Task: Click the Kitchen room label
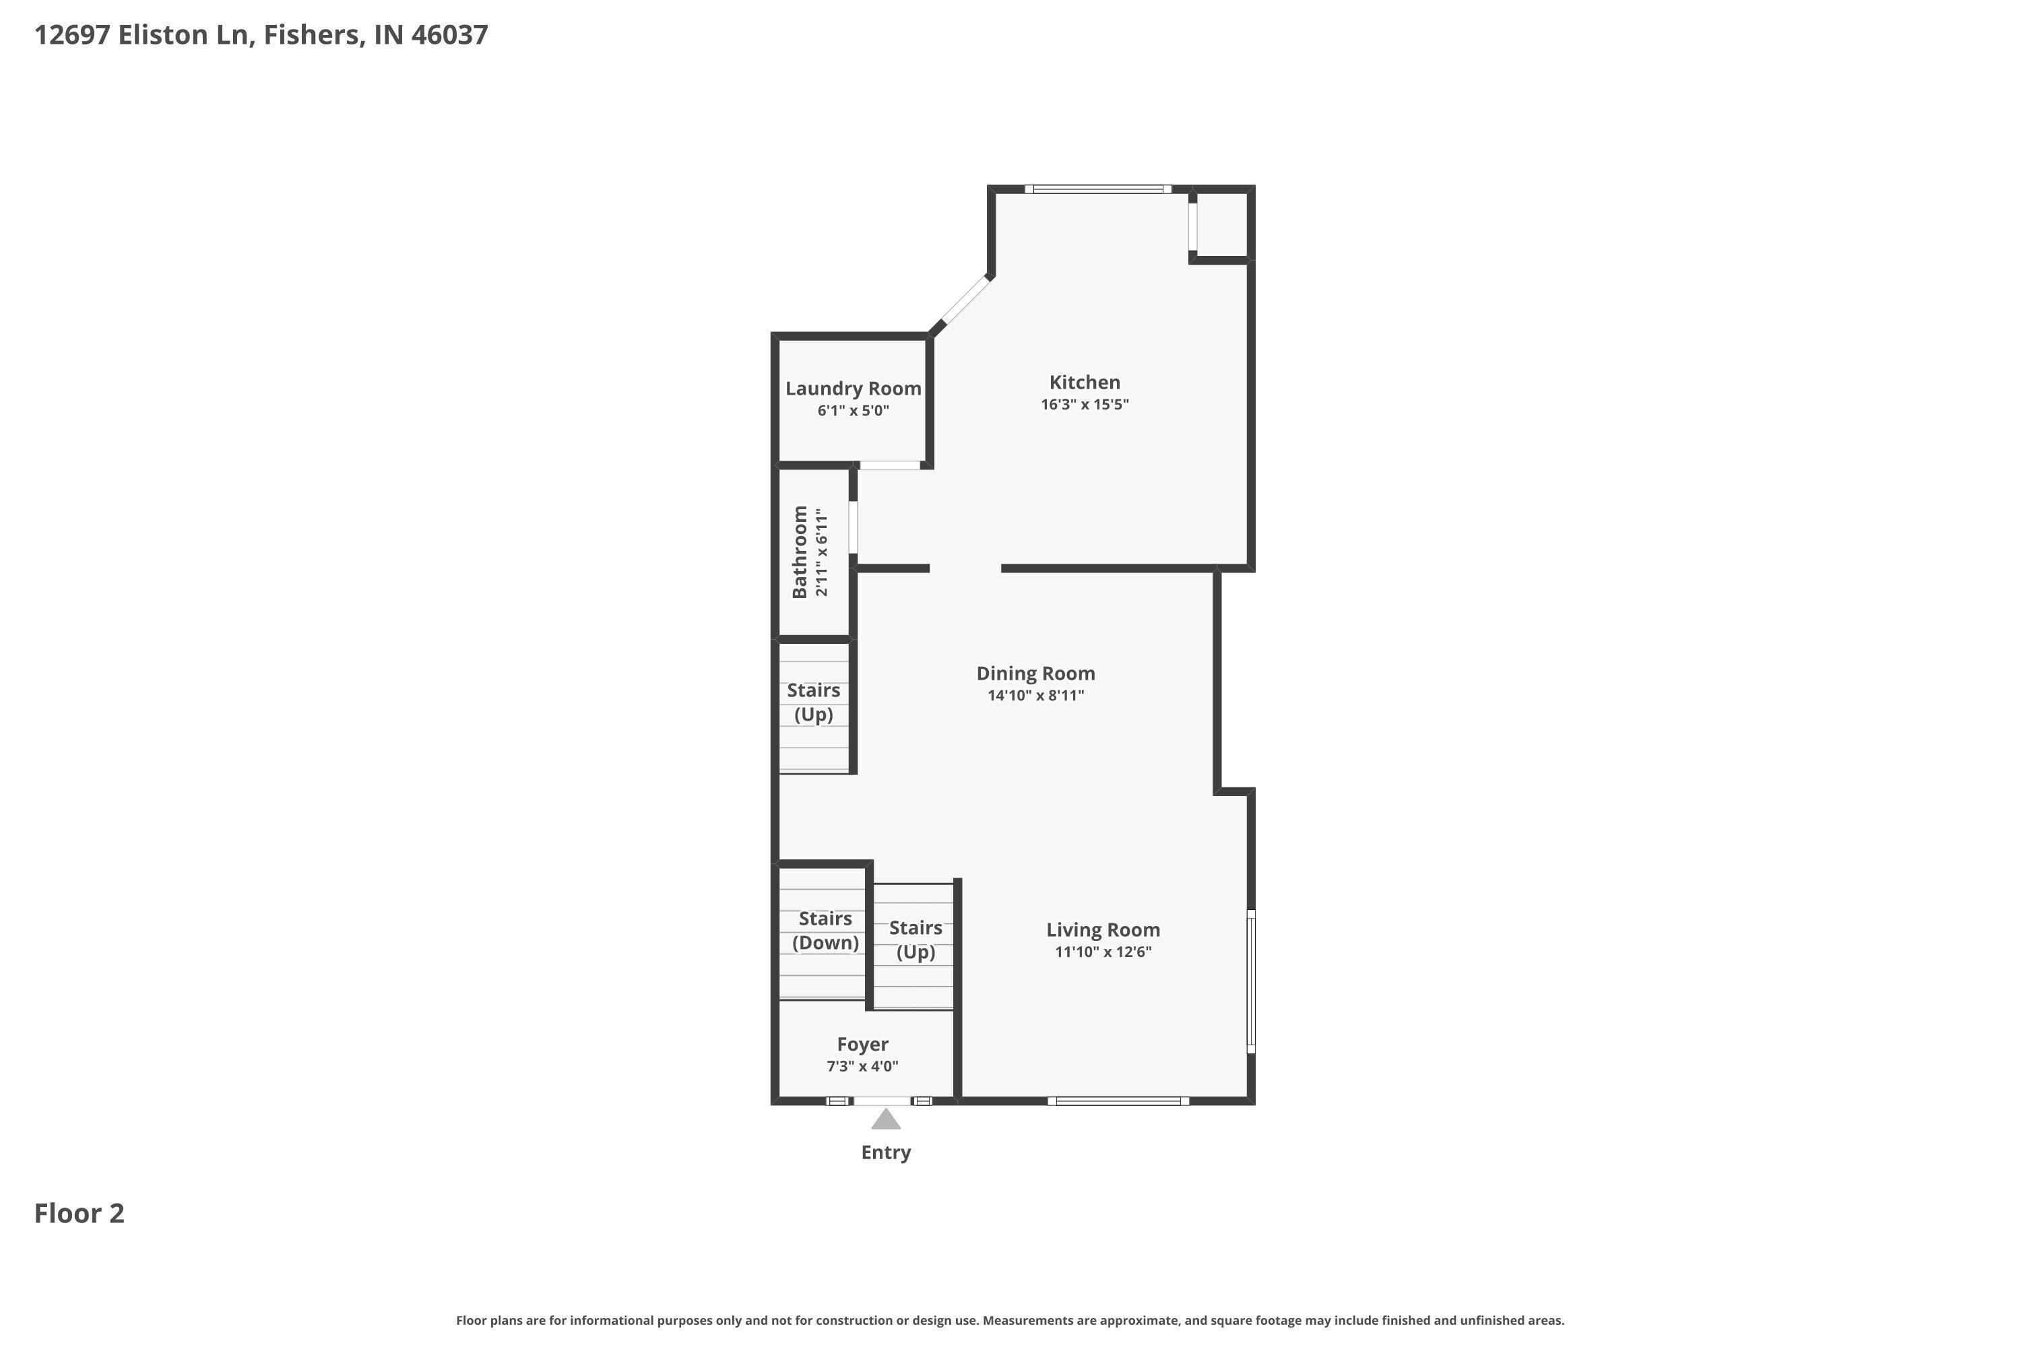point(1085,383)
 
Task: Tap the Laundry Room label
point(854,389)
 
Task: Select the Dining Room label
point(1035,673)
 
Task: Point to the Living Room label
point(1102,929)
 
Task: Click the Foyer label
point(863,1044)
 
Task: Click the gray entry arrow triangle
point(886,1119)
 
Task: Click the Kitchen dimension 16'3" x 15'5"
point(1085,405)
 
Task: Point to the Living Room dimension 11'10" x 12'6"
point(1102,952)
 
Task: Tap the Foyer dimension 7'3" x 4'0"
point(863,1066)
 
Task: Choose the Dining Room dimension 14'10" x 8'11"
point(1035,696)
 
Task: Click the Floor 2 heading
point(79,1213)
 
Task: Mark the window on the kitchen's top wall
point(1097,189)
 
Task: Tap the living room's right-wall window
point(1251,981)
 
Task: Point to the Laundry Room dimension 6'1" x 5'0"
point(854,411)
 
